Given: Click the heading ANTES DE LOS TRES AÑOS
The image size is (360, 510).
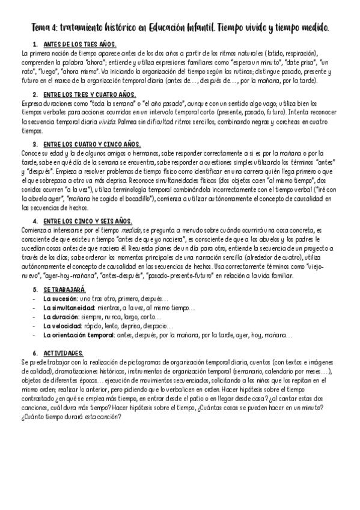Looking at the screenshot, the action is coord(80,45).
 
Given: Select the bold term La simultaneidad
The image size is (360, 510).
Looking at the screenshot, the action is coord(68,307).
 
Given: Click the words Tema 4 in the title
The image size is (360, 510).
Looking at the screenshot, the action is coord(46,28).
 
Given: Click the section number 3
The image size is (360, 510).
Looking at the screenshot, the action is coord(35,144).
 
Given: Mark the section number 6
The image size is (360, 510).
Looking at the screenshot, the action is coord(35,352).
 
